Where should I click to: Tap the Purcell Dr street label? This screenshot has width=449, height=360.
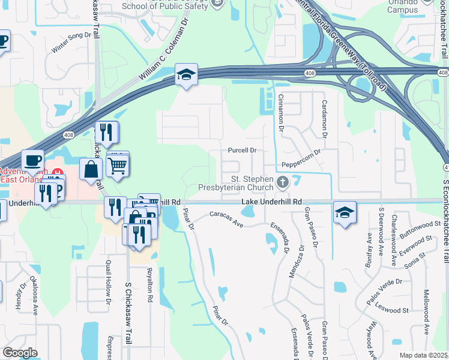click(x=243, y=151)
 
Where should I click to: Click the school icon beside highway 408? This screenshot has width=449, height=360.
click(x=186, y=75)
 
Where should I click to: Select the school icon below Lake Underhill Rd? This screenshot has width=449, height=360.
click(x=345, y=213)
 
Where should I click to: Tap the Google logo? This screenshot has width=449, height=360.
click(x=20, y=353)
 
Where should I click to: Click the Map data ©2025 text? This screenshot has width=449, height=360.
click(x=424, y=355)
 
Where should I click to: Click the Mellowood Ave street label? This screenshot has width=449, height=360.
click(x=427, y=312)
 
